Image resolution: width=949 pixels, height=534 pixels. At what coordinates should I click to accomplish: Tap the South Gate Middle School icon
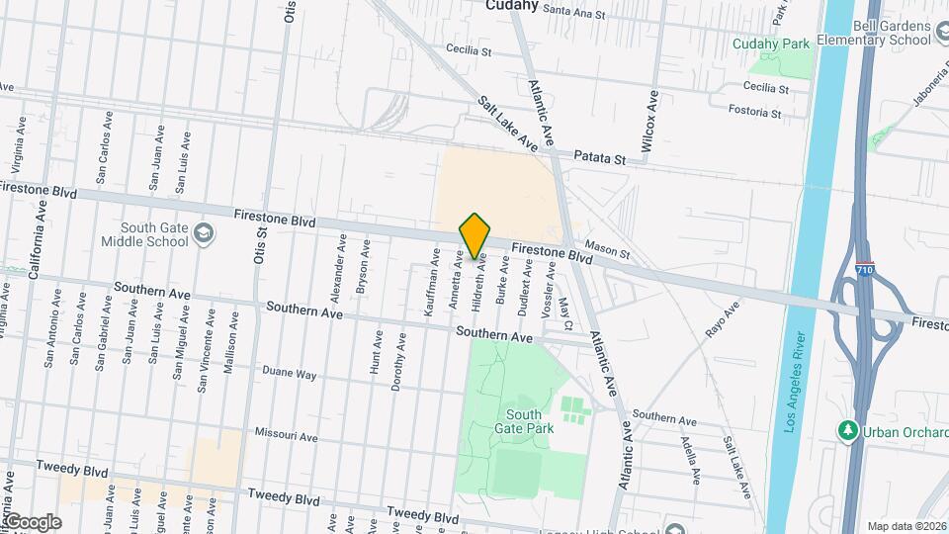[204, 233]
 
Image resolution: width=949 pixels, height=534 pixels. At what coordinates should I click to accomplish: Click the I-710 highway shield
[863, 268]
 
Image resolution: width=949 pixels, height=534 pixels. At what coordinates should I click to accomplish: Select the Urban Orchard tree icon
[847, 430]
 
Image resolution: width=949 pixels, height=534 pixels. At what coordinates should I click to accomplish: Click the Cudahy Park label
[770, 44]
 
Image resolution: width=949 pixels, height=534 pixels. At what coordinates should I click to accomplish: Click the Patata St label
[601, 158]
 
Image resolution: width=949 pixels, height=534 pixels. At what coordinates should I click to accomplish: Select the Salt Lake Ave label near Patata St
[508, 124]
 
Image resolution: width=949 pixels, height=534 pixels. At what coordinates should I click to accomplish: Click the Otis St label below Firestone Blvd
[263, 250]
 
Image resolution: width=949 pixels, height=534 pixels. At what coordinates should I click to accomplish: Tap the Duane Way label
[289, 374]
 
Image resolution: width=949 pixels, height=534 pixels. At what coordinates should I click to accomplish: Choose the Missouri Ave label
[286, 435]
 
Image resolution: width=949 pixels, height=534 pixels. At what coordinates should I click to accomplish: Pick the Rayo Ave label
[723, 322]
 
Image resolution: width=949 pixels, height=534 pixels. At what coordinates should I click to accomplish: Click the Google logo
[32, 521]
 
